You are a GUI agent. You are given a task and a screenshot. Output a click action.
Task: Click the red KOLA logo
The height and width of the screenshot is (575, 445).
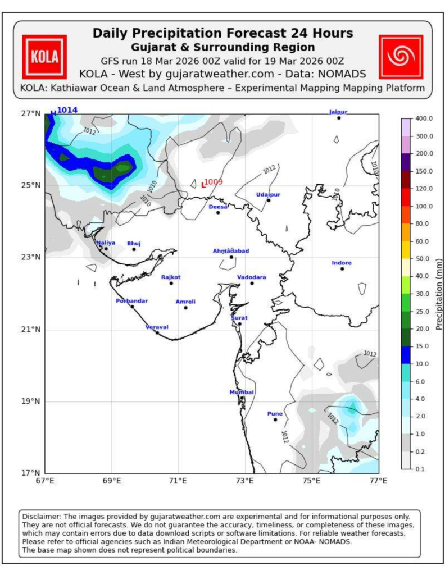click(44, 57)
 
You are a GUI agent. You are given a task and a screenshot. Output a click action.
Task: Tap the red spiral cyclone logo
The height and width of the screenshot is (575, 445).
click(401, 57)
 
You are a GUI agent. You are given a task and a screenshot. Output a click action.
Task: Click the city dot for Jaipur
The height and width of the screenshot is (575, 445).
click(339, 118)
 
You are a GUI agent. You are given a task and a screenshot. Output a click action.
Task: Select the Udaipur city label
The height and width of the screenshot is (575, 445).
click(268, 195)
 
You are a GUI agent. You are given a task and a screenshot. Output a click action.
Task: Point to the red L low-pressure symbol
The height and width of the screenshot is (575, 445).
click(203, 185)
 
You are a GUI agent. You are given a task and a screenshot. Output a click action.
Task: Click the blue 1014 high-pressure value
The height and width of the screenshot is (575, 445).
click(67, 110)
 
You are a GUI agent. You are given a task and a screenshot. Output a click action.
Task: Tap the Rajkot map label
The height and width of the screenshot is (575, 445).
click(171, 277)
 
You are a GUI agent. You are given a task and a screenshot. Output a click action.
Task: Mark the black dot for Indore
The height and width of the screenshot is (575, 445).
click(342, 269)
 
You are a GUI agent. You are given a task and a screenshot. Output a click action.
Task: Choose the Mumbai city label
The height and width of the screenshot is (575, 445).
click(242, 393)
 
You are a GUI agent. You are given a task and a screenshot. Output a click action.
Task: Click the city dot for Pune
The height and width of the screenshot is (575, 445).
click(275, 419)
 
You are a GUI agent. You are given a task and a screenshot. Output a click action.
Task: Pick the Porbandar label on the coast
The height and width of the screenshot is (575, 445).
click(131, 301)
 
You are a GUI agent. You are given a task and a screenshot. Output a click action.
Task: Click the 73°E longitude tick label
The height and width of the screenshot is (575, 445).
click(245, 481)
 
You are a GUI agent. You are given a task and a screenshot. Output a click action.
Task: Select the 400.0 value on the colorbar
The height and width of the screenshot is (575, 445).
click(424, 118)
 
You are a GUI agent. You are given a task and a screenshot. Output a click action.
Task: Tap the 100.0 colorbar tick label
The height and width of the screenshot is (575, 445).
click(424, 207)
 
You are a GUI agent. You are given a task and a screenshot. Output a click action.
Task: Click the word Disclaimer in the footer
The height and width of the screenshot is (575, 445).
click(38, 517)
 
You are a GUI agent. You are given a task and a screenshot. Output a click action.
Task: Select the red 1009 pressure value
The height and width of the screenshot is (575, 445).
click(214, 182)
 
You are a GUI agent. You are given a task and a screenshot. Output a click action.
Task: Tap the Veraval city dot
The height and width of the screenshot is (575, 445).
click(157, 332)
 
